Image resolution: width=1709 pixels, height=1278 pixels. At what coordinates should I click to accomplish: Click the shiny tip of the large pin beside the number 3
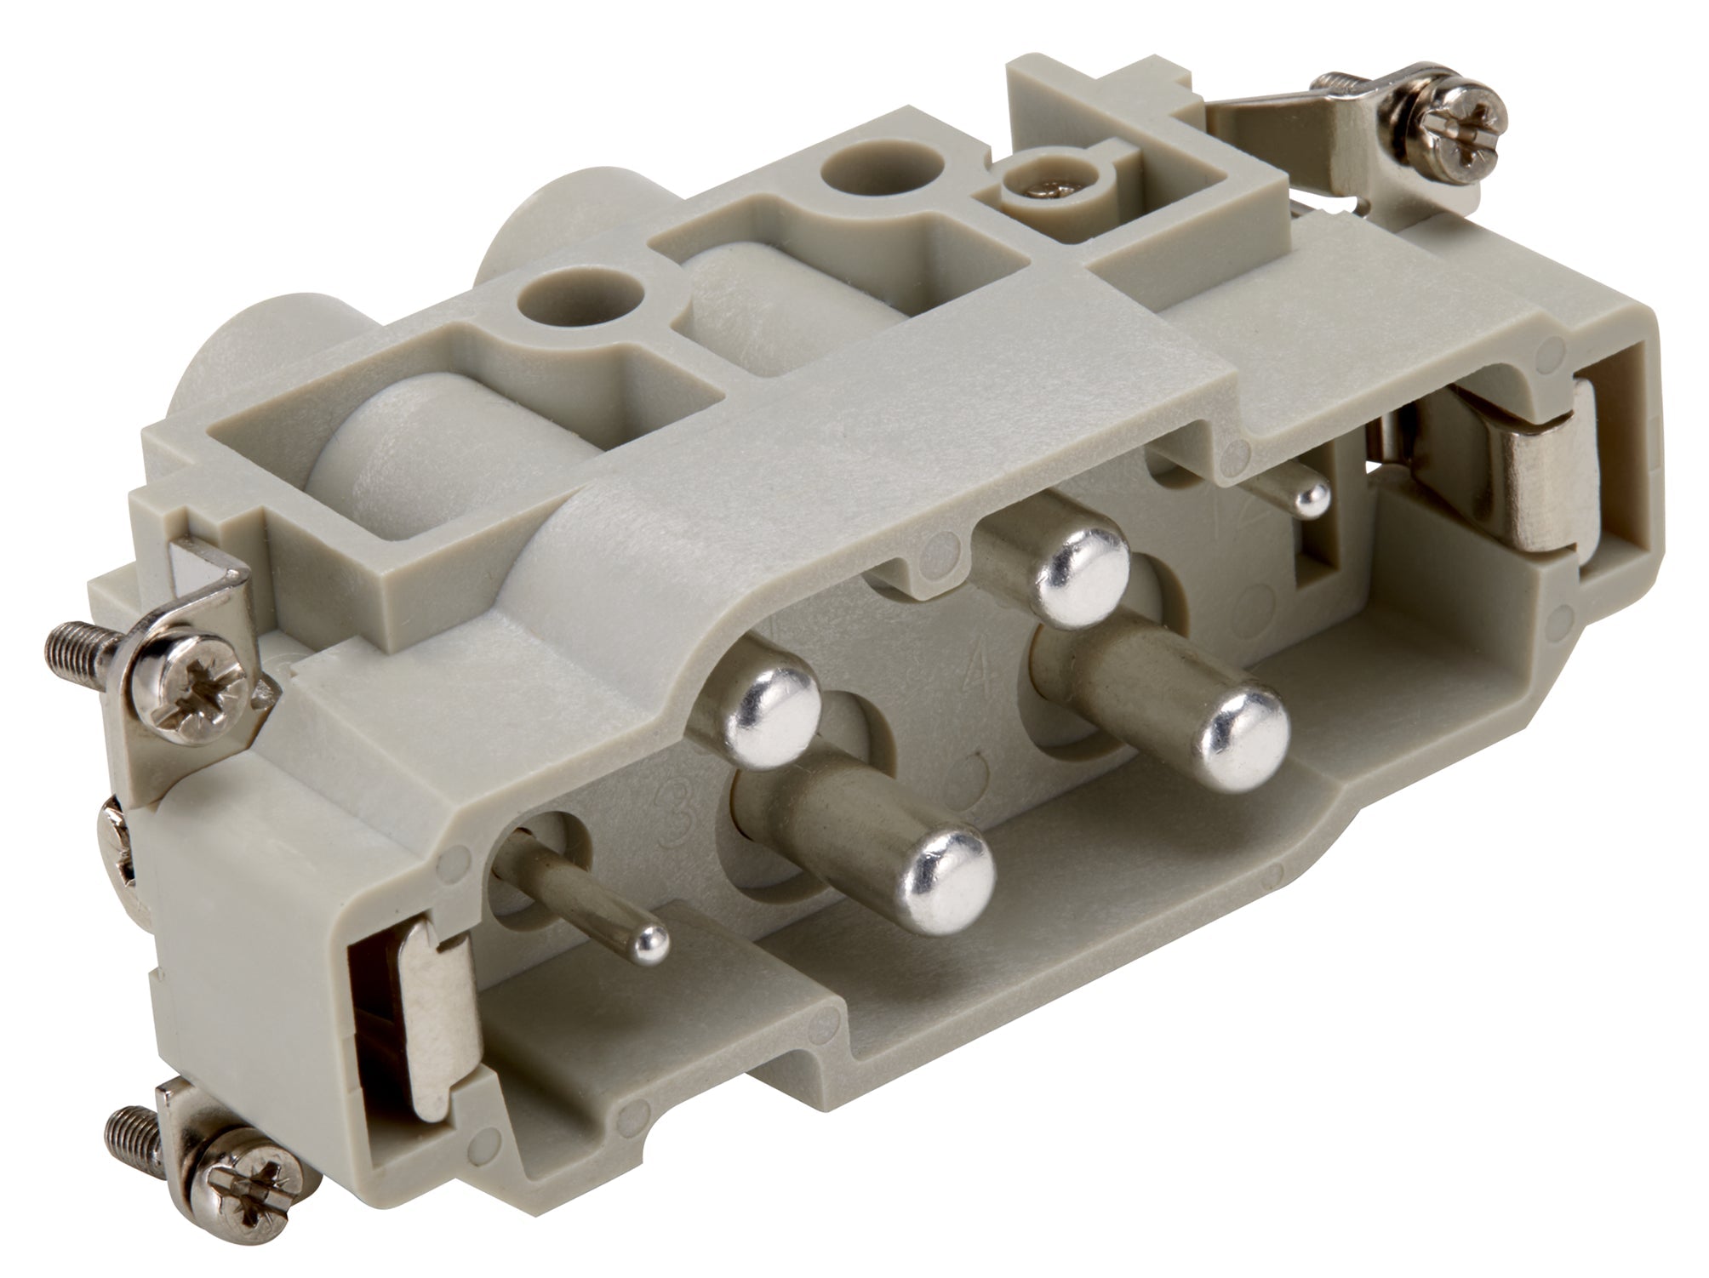pyautogui.click(x=949, y=881)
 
